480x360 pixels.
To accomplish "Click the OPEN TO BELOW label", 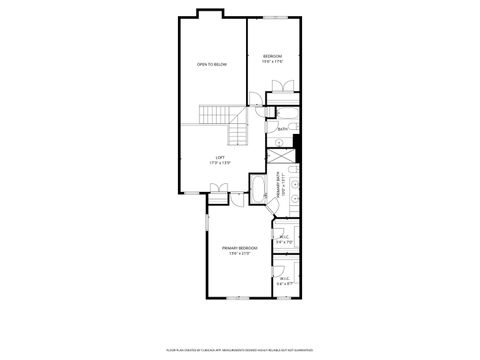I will tap(212, 64).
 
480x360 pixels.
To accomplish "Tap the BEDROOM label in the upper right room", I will tap(272, 55).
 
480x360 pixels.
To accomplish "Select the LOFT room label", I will tap(220, 156).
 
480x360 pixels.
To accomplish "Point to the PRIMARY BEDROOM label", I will tap(243, 247).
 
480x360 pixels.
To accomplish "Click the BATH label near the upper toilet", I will tap(283, 129).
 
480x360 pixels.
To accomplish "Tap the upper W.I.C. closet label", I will tap(284, 237).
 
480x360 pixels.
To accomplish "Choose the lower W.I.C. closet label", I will tap(285, 279).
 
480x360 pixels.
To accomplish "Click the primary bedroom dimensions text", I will tap(238, 254).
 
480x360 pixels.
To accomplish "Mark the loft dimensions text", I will tap(220, 162).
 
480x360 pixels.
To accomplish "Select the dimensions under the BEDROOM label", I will tap(273, 61).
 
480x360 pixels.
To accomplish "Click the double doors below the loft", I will tap(219, 187).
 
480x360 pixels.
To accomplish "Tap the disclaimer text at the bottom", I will tap(240, 350).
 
